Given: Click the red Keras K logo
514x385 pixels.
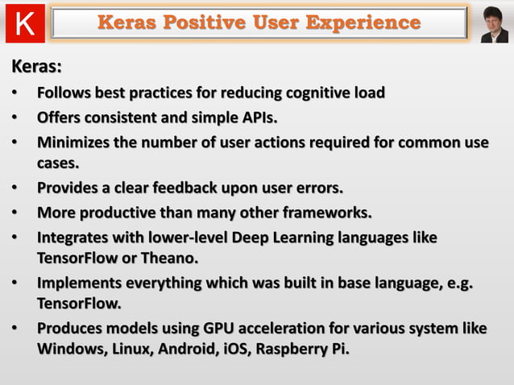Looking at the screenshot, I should pos(25,23).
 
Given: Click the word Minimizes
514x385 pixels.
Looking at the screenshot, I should pos(77,143).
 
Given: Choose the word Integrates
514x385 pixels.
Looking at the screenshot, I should pos(75,239).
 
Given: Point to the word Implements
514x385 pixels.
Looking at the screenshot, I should pos(80,284).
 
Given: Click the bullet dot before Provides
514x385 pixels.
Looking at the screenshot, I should pos(15,188).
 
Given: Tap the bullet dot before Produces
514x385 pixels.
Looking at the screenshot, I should pos(15,329).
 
